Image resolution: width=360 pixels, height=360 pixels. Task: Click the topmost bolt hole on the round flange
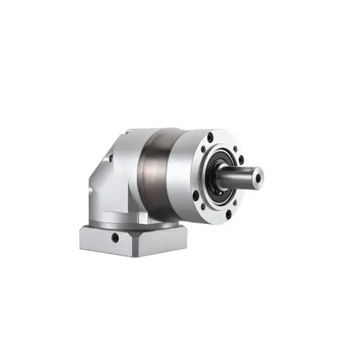tap(210, 138)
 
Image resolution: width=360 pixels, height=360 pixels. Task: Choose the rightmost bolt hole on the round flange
tap(240, 159)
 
